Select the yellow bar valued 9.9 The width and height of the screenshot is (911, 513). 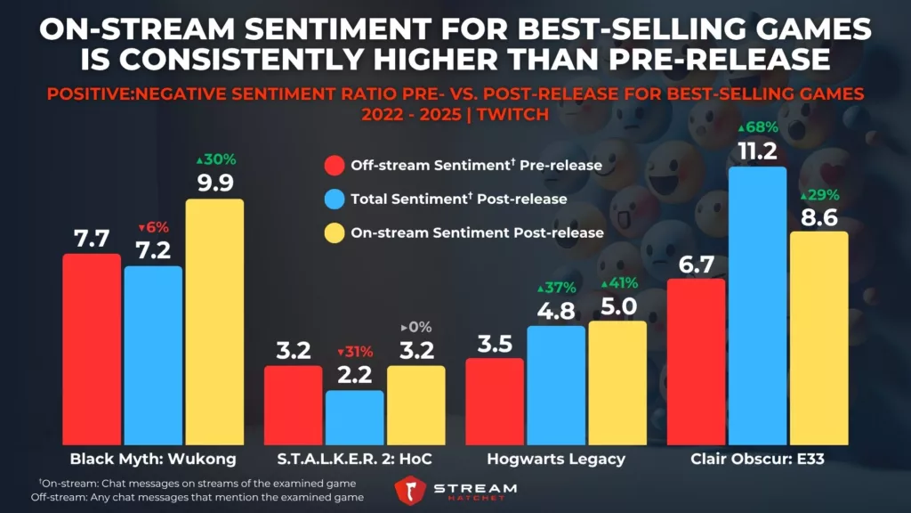pyautogui.click(x=214, y=322)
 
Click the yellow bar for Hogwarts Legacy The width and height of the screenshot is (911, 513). pyautogui.click(x=617, y=383)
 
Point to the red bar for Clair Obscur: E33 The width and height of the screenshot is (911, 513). pyautogui.click(x=696, y=362)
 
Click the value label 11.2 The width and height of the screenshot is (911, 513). pyautogui.click(x=757, y=148)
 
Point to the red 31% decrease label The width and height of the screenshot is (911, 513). pyautogui.click(x=354, y=351)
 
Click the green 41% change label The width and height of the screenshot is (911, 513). pyautogui.click(x=617, y=284)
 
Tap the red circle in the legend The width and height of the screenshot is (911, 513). pyautogui.click(x=335, y=165)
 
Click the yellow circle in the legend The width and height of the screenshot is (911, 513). pyautogui.click(x=335, y=232)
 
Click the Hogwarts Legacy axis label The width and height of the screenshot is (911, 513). pyautogui.click(x=557, y=459)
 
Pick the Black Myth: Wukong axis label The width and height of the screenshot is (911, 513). pyautogui.click(x=153, y=459)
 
